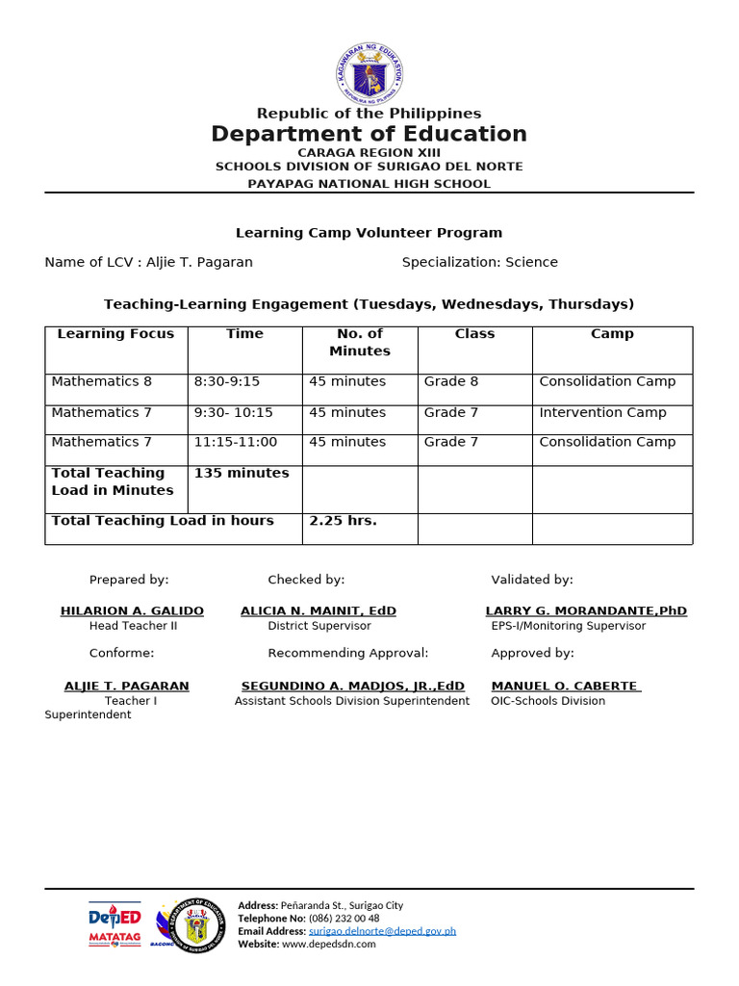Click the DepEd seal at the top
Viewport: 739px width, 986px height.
[369, 73]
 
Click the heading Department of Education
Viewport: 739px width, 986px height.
[369, 134]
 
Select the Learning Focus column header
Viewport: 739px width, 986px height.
[115, 334]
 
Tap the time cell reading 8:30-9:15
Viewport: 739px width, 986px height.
[227, 381]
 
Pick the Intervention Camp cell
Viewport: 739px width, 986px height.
[602, 412]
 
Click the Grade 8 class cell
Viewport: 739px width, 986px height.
[451, 381]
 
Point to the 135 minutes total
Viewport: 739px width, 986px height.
[242, 473]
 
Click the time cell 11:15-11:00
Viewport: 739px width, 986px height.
[236, 442]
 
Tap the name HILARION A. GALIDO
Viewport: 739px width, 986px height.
[132, 610]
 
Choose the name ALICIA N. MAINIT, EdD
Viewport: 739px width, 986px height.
[319, 610]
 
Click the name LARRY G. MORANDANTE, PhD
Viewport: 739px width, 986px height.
[586, 610]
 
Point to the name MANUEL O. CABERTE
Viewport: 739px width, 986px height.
[565, 686]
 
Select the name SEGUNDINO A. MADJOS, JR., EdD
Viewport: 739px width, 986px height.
[353, 686]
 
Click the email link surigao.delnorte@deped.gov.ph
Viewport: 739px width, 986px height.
[382, 931]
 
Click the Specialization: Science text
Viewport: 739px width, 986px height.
[479, 262]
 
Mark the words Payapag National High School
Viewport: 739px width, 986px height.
[369, 184]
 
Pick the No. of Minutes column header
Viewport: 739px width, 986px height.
[361, 343]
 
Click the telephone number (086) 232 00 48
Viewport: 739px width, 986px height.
[341, 919]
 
